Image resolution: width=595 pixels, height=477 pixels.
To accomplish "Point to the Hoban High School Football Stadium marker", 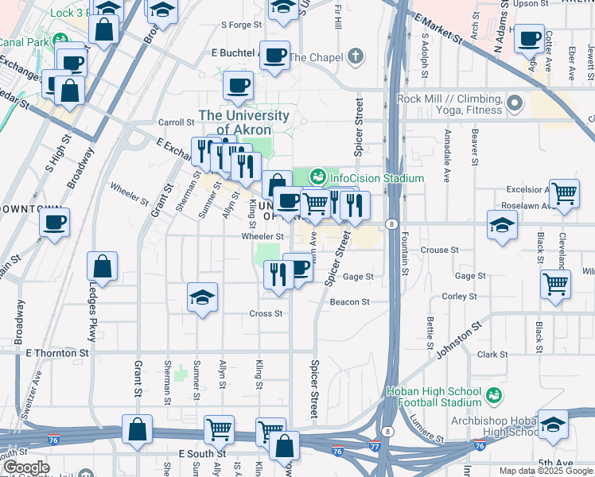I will click(493, 394).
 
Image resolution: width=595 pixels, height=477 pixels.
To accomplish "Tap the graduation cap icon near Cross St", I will click(202, 298).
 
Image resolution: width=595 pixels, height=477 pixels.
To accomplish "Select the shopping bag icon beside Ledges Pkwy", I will click(103, 266).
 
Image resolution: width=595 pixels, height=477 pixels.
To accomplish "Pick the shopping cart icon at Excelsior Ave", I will click(564, 192).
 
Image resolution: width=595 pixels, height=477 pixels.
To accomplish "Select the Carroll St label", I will click(177, 122).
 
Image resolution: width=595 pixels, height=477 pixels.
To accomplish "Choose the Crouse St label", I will click(440, 250).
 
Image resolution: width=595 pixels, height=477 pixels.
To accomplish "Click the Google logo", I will click(26, 467).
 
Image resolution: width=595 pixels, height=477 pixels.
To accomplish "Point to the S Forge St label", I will click(241, 25).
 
